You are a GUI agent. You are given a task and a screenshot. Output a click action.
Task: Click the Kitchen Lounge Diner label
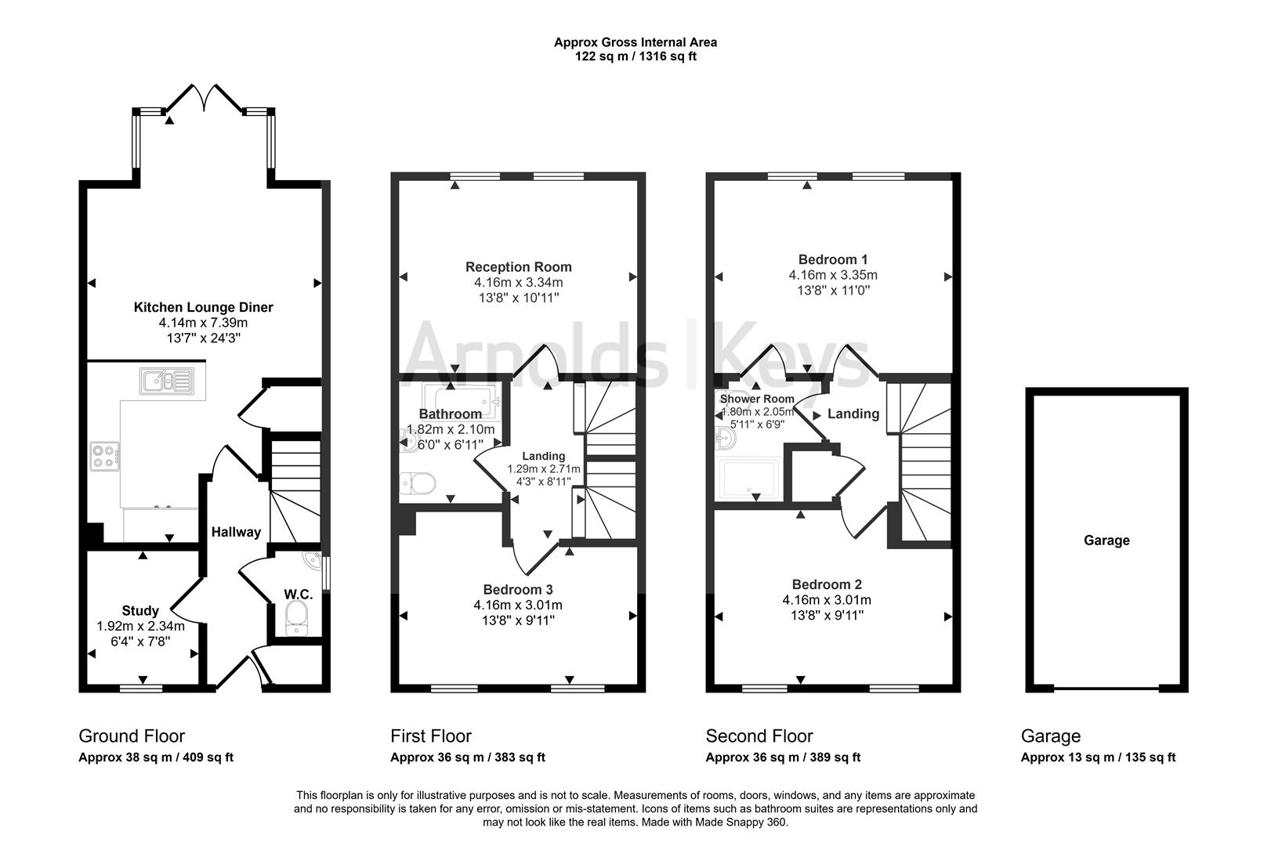pyautogui.click(x=203, y=307)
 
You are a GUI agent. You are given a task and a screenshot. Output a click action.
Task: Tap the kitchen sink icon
pyautogui.click(x=166, y=381)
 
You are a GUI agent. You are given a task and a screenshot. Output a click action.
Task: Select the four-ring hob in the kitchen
pyautogui.click(x=105, y=455)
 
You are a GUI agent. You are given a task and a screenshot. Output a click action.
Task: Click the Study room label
pyautogui.click(x=140, y=610)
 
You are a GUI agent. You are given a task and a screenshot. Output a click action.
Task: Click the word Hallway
pyautogui.click(x=236, y=532)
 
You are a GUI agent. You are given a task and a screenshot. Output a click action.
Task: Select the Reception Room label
pyautogui.click(x=518, y=266)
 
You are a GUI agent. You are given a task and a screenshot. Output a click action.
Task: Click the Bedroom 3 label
pyautogui.click(x=518, y=589)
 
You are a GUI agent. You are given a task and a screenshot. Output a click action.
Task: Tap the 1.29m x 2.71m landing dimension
pyautogui.click(x=544, y=469)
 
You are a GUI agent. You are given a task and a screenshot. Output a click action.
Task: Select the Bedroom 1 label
pyautogui.click(x=832, y=259)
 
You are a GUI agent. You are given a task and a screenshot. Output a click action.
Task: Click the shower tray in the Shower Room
pyautogui.click(x=750, y=479)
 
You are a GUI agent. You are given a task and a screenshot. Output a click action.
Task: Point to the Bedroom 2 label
pyautogui.click(x=827, y=584)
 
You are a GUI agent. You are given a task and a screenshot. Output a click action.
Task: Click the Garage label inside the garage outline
pyautogui.click(x=1106, y=540)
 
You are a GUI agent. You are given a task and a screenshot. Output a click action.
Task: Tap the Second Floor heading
pyautogui.click(x=759, y=736)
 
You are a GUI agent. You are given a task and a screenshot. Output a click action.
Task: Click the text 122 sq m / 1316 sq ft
pyautogui.click(x=635, y=56)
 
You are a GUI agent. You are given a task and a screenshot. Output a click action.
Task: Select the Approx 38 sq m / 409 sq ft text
pyautogui.click(x=156, y=757)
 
